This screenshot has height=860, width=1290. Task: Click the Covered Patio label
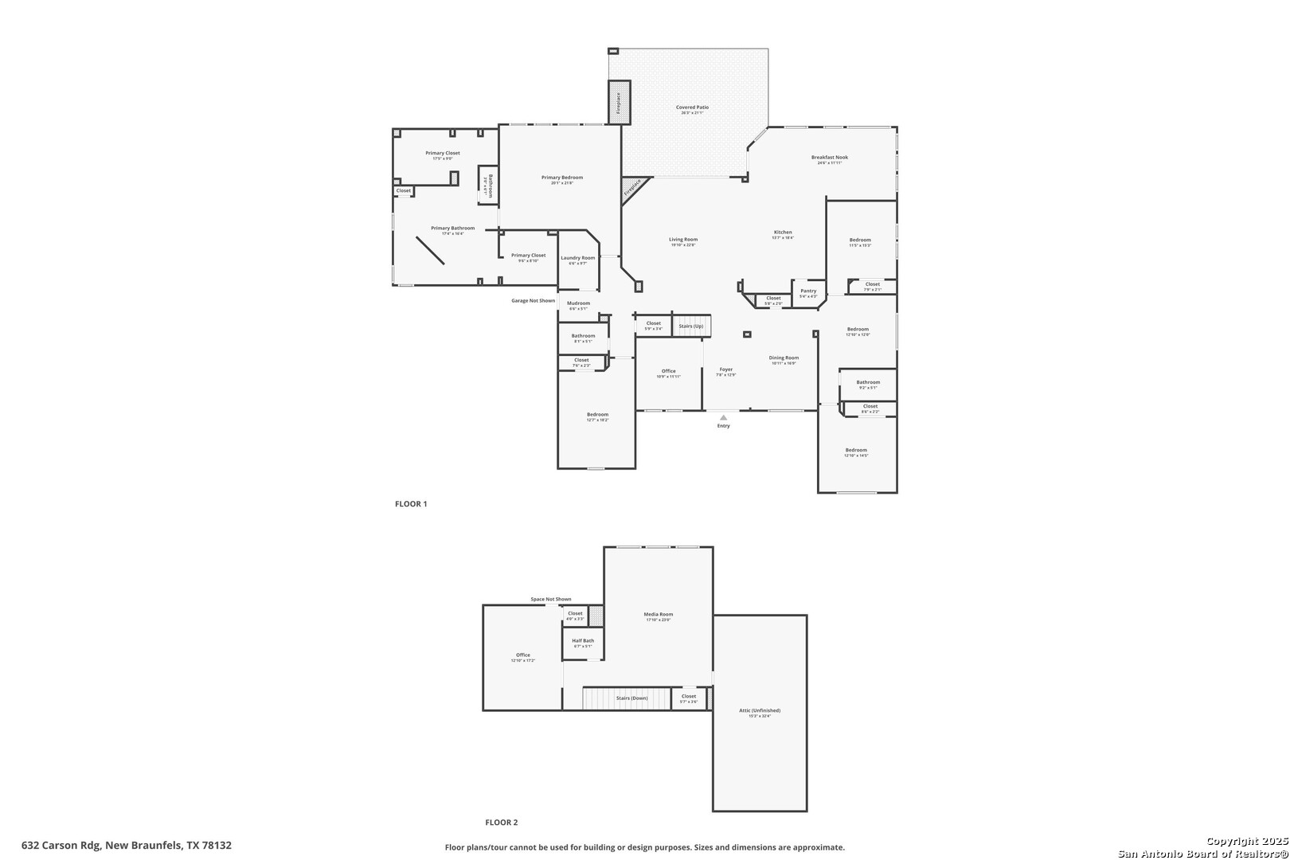coord(692,107)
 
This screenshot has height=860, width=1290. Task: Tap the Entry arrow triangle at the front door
coord(723,417)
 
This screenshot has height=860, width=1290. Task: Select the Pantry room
coord(808,292)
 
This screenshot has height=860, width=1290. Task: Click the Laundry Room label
coord(577,259)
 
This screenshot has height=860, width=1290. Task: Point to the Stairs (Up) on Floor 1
coord(691,326)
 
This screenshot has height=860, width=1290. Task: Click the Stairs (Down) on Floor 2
coord(631,698)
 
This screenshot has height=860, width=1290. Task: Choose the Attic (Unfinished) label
coord(760,711)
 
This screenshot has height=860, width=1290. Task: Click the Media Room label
coord(659,615)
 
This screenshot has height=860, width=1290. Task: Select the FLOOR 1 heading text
coord(411,504)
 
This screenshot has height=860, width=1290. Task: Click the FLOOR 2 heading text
coord(502,823)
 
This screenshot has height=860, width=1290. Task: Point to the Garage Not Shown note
coord(533,301)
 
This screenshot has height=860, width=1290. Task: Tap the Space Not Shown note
coord(551,600)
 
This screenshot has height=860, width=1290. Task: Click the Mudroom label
coord(579,304)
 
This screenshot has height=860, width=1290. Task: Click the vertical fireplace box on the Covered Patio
coord(619,103)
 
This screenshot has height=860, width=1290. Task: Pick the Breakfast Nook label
coord(830,158)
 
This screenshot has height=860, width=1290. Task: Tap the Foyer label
coord(726,370)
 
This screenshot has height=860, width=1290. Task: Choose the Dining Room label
coord(784,359)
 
